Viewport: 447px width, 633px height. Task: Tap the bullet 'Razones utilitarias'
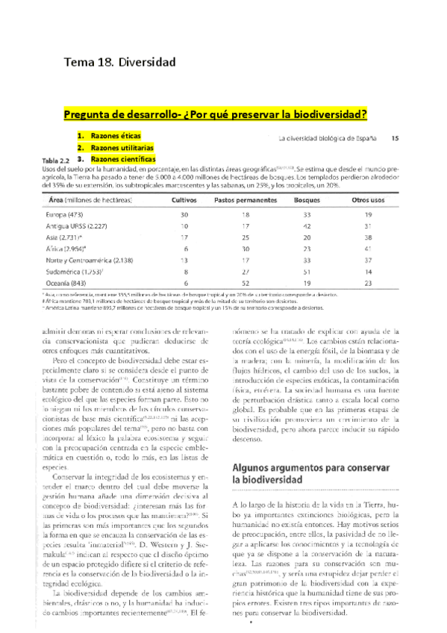point(124,148)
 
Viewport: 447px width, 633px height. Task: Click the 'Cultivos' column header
point(184,201)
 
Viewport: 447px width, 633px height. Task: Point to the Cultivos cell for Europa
point(184,214)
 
